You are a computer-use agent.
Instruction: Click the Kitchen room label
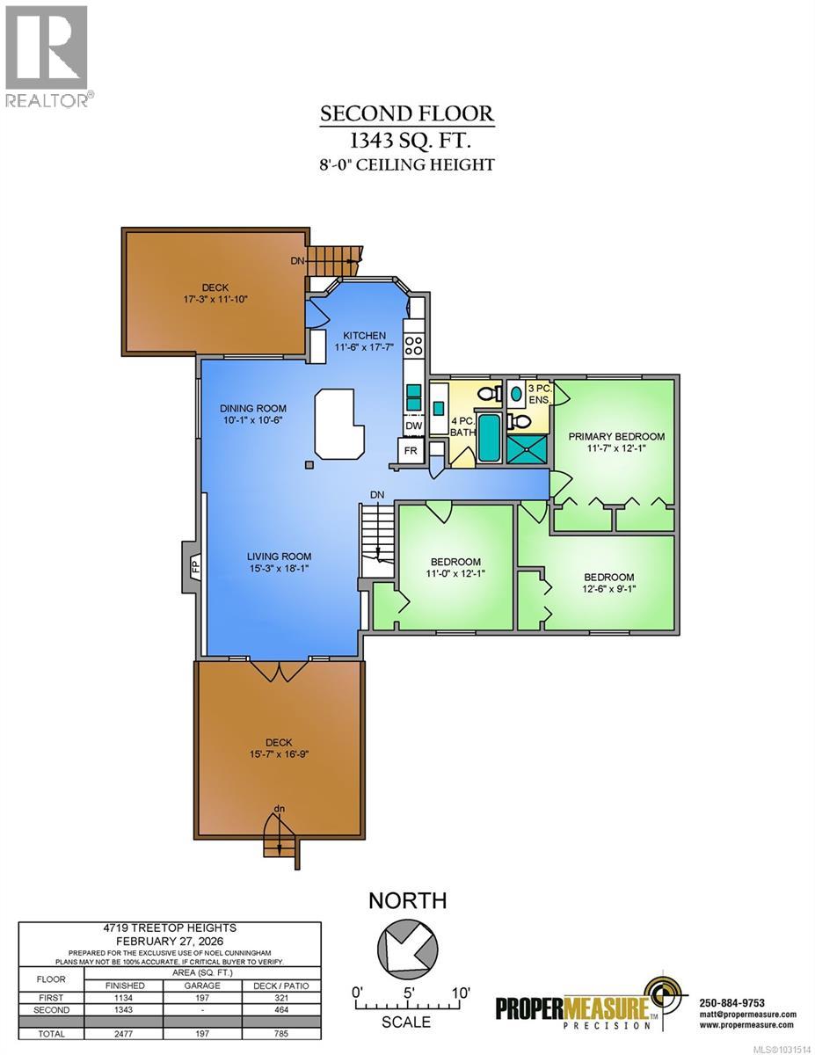364,336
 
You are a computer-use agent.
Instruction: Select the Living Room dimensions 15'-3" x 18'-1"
279,569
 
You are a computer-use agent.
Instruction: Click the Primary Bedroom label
615,436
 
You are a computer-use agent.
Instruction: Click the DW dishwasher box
413,426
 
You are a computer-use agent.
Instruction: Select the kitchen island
339,426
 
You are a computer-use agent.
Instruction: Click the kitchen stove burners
413,345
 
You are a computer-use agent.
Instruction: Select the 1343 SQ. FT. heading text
406,140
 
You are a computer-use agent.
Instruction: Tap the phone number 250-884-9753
731,1003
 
